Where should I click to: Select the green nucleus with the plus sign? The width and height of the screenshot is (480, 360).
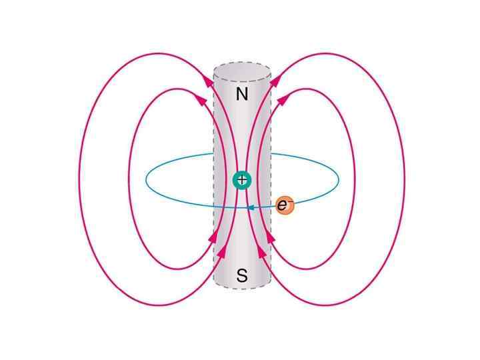pos(241,180)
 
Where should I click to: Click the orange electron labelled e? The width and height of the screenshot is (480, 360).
pos(285,205)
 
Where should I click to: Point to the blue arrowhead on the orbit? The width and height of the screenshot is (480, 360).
pos(250,208)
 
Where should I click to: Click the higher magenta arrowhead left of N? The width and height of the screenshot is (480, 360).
pos(209,79)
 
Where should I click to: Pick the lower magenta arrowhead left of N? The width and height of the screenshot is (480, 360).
pos(199,100)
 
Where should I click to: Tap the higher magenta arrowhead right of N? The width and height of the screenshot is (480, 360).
pos(275,79)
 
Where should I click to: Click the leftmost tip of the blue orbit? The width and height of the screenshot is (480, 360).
pos(146,179)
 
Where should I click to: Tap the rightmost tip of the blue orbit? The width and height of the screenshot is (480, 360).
pos(339,179)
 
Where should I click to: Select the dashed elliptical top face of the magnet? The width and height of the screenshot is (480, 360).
pos(242,72)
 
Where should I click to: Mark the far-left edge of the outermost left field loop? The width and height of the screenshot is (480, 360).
pos(79,179)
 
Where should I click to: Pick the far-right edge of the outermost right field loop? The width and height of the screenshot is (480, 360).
pos(405,179)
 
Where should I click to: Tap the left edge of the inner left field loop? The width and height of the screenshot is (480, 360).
pos(129,179)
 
